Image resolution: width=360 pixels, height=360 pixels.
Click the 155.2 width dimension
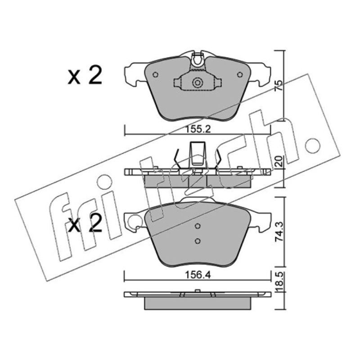pos(198,130)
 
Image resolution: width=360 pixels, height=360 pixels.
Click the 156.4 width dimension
pos(198,275)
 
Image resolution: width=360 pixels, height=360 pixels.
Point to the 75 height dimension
pos(279,85)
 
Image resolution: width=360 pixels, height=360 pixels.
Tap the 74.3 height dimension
pos(279,232)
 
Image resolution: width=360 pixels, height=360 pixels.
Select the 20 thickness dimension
pos(279,162)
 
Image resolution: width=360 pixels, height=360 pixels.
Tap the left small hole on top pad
pos(155,75)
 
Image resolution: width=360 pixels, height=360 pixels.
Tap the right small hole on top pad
pos(240,75)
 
